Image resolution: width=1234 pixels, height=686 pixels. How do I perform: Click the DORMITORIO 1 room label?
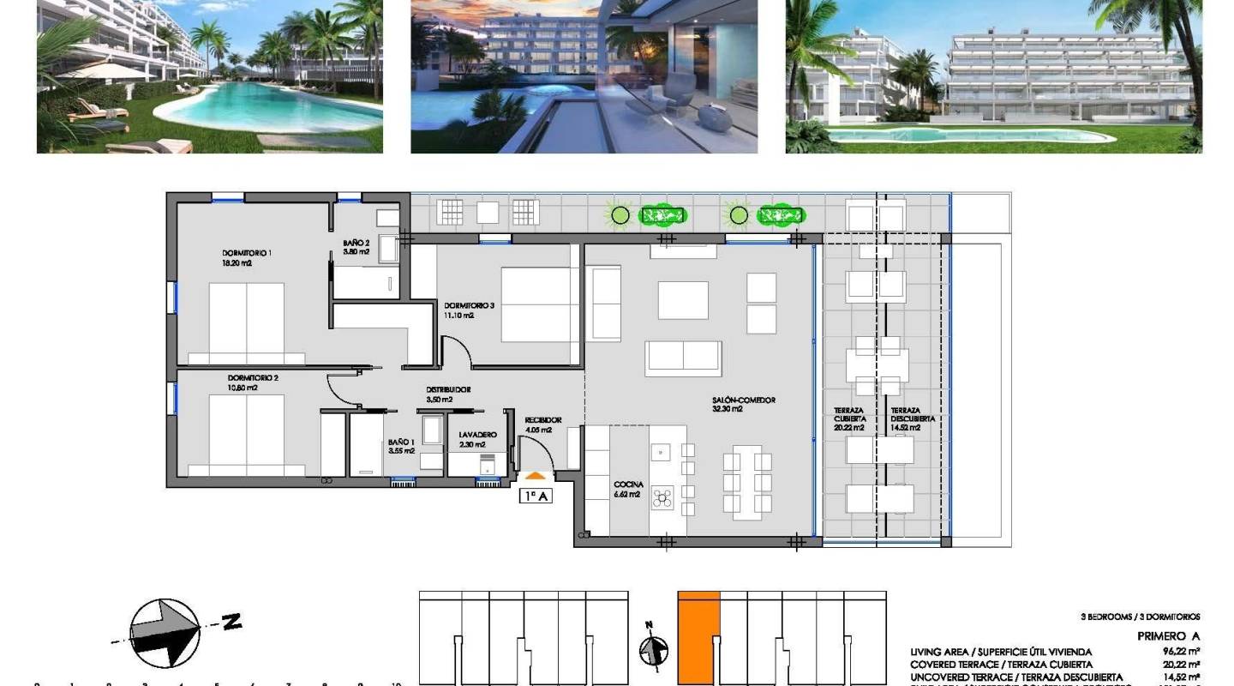click(246, 254)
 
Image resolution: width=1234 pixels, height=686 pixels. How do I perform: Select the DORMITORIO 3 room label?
click(469, 306)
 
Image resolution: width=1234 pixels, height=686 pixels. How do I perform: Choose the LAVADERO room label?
click(477, 436)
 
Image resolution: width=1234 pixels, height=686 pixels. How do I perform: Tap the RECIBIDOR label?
click(542, 420)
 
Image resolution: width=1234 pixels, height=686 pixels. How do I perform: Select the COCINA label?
click(627, 485)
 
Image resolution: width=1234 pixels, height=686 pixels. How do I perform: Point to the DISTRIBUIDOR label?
click(448, 390)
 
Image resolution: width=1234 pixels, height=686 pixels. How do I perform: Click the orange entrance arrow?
click(535, 475)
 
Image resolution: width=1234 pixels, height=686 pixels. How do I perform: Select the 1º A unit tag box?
click(535, 495)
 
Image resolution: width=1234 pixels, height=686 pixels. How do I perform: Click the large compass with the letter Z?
click(165, 633)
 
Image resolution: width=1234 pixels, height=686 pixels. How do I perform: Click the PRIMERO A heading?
click(1168, 636)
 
